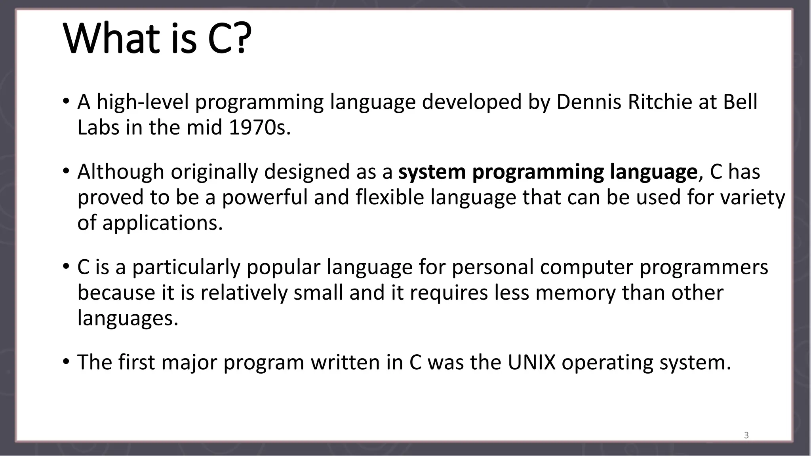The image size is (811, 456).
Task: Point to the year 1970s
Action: click(259, 127)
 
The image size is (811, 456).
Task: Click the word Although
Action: click(120, 172)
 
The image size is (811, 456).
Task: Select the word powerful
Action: click(265, 197)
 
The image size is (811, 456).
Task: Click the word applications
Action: click(162, 222)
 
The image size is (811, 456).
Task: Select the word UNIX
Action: click(531, 362)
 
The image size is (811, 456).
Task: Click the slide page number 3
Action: click(746, 435)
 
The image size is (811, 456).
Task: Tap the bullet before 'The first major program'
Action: click(66, 361)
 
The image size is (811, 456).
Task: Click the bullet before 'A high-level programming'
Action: click(66, 101)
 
